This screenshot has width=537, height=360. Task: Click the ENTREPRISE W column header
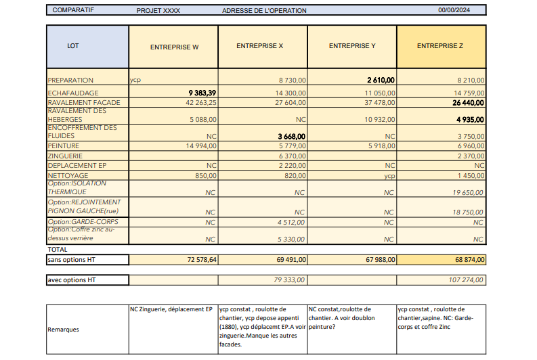174,47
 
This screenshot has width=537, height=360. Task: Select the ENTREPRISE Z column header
440,46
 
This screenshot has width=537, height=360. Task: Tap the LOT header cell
73,46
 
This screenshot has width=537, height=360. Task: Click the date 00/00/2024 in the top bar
453,11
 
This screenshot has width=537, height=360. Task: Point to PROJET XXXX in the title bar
158,11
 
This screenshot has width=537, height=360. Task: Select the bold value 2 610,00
381,80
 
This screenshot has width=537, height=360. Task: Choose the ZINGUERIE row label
66,155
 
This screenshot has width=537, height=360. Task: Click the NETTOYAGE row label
68,175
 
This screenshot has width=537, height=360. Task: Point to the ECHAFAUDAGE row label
73,93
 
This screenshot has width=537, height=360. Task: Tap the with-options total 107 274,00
467,279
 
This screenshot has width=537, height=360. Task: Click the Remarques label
63,330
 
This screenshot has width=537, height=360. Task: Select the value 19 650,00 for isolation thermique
468,192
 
